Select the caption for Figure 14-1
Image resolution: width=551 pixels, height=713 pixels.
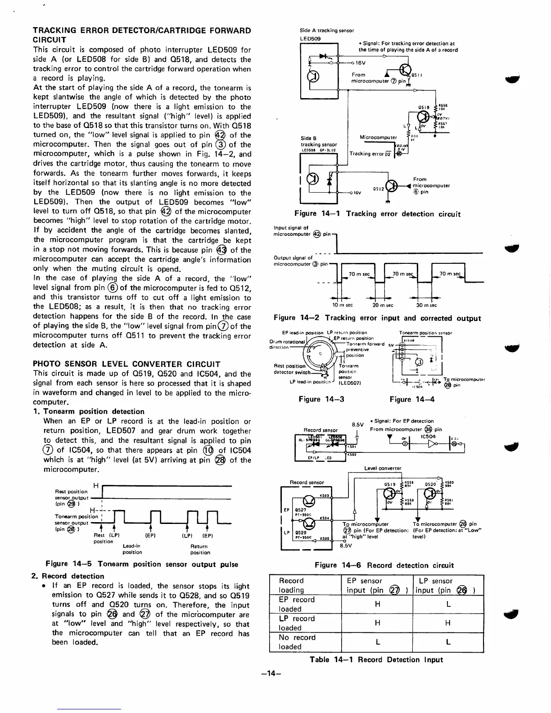[377, 214]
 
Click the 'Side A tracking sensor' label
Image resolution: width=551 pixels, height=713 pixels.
[326, 31]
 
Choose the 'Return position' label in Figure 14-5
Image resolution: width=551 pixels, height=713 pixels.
[200, 549]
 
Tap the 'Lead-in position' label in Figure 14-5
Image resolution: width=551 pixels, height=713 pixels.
[132, 549]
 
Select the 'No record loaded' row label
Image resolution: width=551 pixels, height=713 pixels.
[298, 642]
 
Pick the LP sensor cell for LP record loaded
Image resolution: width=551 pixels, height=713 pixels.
[448, 623]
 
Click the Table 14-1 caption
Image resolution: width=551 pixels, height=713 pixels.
[376, 659]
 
